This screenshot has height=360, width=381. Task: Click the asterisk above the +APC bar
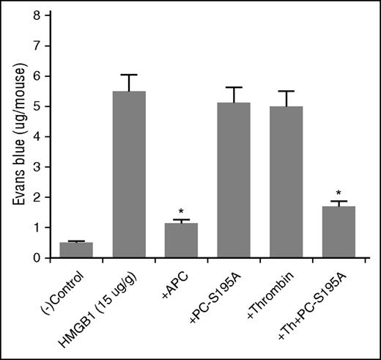pyautogui.click(x=180, y=210)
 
